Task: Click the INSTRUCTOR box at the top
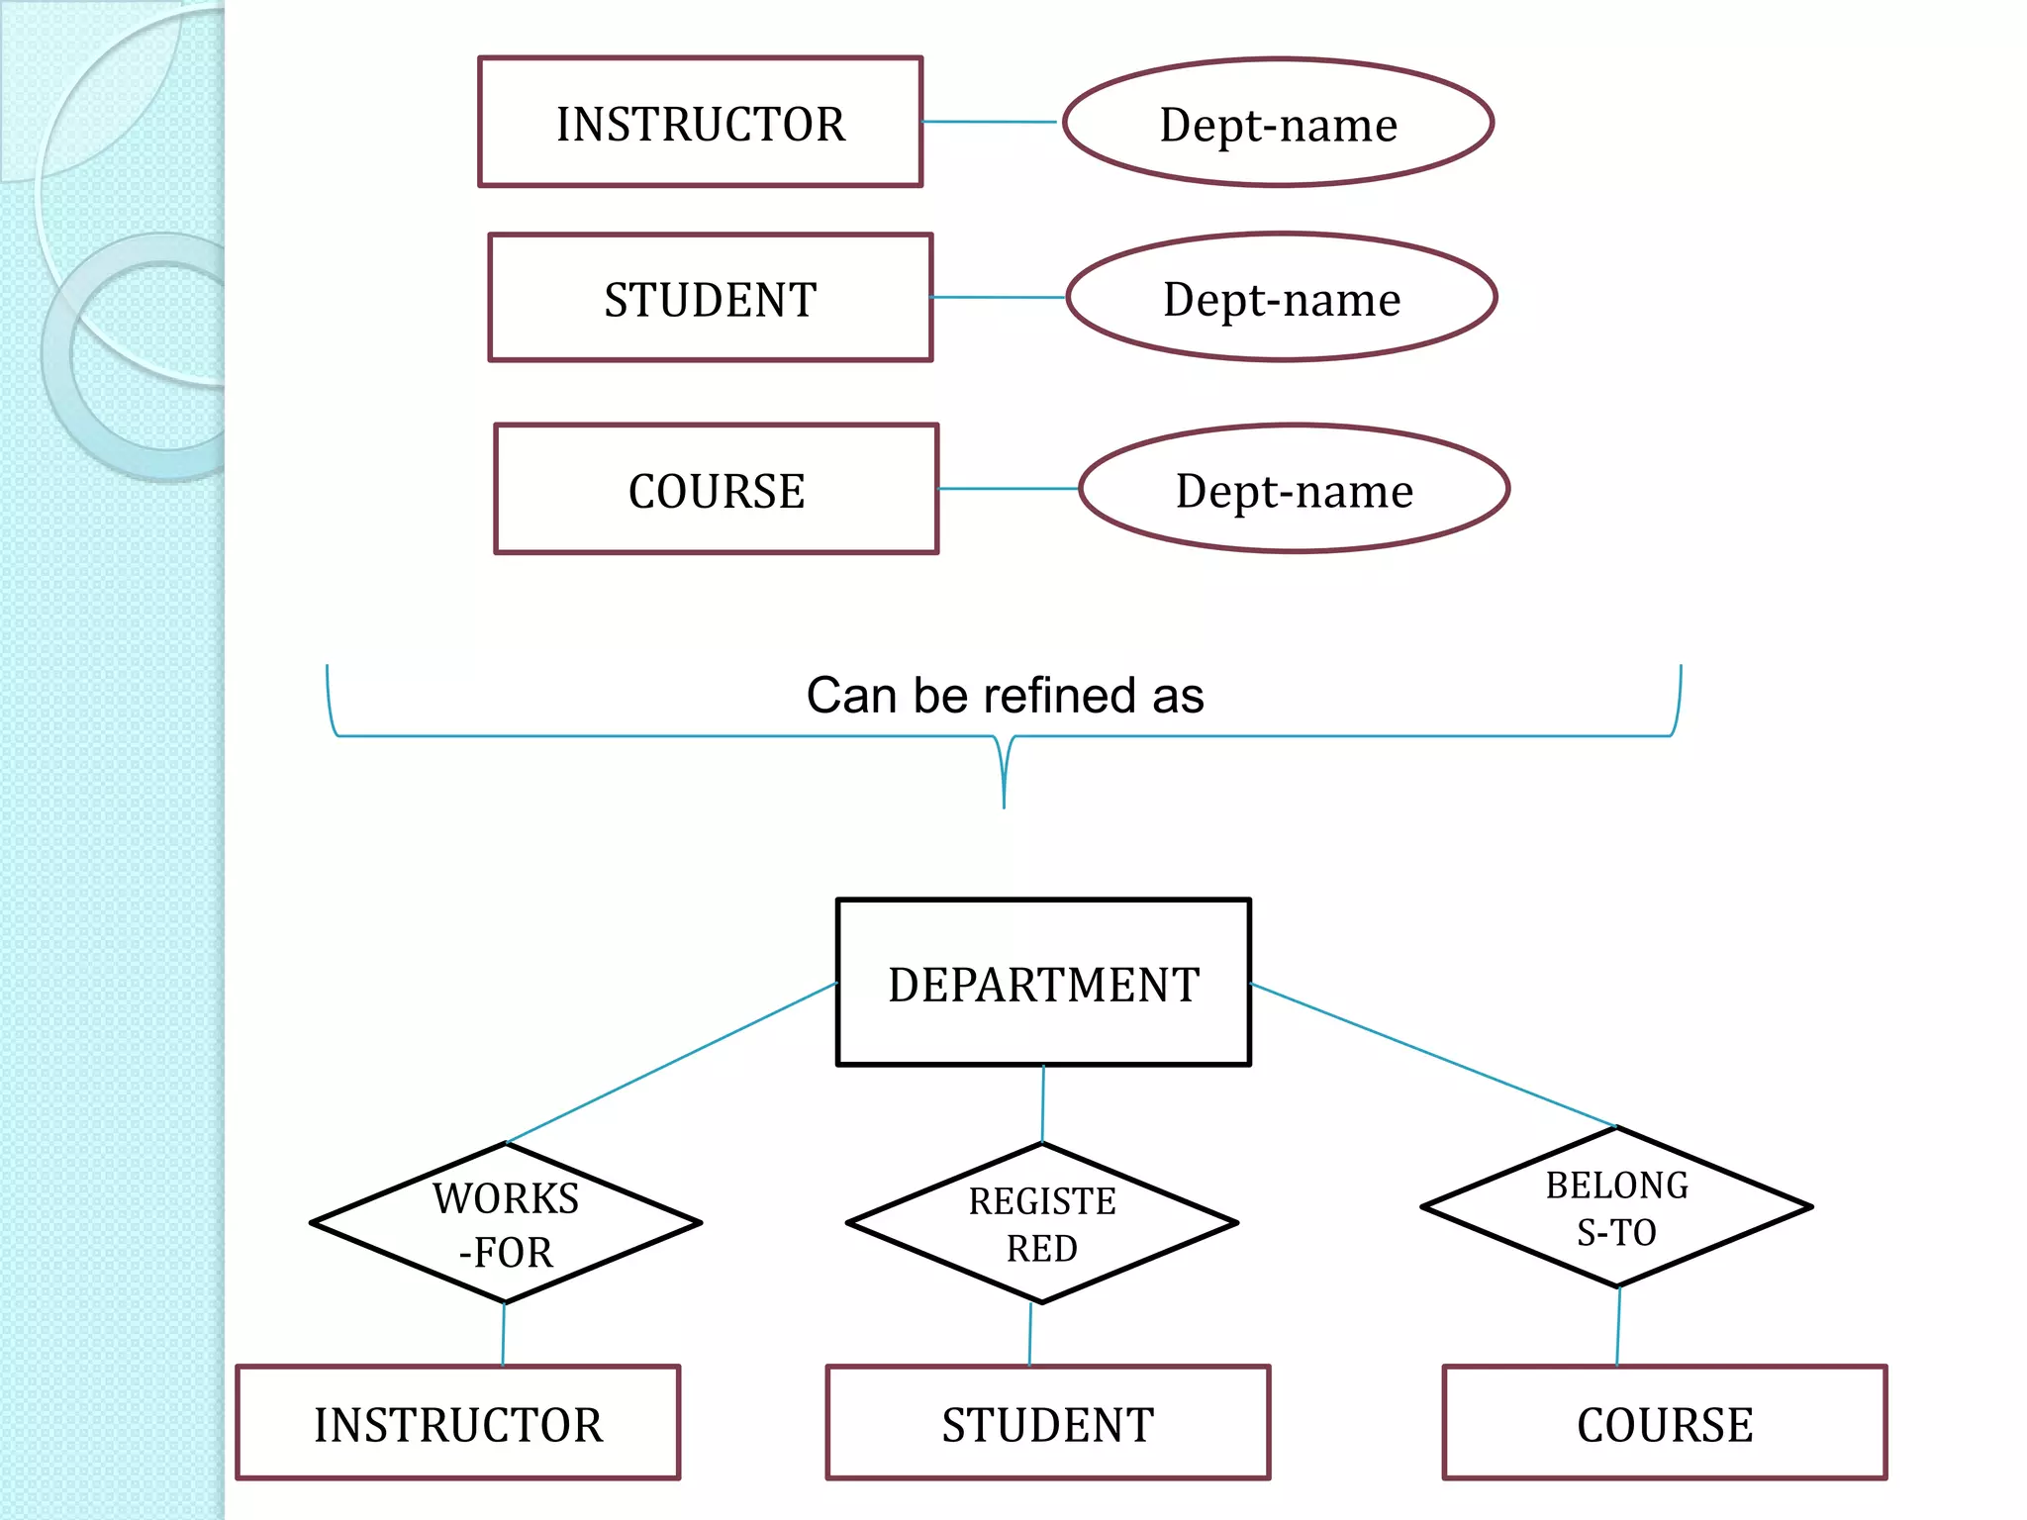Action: click(x=701, y=123)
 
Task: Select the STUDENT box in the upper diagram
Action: click(x=711, y=299)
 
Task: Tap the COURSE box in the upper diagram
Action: click(x=717, y=490)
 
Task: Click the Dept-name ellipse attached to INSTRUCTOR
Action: click(x=1278, y=123)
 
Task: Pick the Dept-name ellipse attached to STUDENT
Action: click(x=1282, y=298)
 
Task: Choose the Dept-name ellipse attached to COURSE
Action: click(x=1294, y=490)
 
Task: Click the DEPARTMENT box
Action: click(x=1043, y=983)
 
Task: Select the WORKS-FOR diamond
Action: click(x=506, y=1224)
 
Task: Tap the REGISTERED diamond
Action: click(x=1042, y=1224)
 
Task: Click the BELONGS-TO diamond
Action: click(x=1616, y=1207)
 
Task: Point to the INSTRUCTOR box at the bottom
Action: click(x=458, y=1423)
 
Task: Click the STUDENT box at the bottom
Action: click(x=1048, y=1423)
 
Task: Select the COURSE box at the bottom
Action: click(x=1665, y=1423)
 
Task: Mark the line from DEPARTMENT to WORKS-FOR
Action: click(x=673, y=1063)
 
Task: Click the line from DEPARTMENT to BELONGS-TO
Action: click(x=1435, y=1056)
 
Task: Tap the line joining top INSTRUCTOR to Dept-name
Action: click(x=990, y=122)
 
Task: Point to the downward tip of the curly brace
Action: click(x=1004, y=804)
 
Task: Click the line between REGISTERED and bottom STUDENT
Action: click(x=1030, y=1334)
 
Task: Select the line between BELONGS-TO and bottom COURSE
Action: click(x=1618, y=1326)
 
